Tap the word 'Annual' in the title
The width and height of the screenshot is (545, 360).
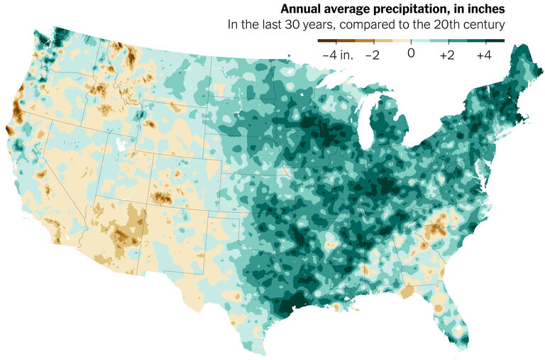pos(300,10)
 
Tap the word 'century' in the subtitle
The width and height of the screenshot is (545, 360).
pos(482,25)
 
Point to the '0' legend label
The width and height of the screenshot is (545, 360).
pos(410,55)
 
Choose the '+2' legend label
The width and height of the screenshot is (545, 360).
pos(447,55)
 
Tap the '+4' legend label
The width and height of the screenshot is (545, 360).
pos(485,55)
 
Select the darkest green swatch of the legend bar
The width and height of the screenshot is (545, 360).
pos(495,41)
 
